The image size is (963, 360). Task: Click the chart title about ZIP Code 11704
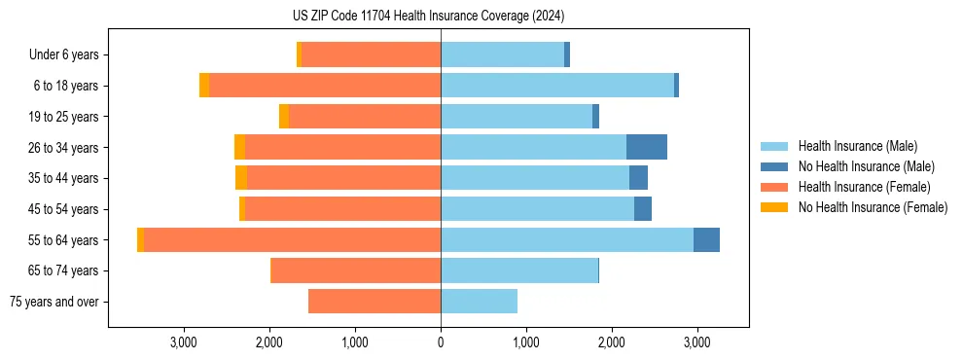tap(428, 17)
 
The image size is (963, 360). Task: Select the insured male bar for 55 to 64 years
tap(567, 240)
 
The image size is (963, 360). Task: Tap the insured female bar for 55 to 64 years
tap(292, 240)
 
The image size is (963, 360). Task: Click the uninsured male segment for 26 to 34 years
tap(647, 147)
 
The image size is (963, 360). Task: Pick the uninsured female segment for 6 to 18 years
tap(204, 86)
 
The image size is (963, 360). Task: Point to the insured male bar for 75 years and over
tap(479, 302)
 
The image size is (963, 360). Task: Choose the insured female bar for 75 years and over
tap(374, 302)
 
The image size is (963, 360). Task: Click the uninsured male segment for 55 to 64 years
tap(706, 240)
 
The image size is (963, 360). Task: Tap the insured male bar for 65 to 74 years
tap(519, 270)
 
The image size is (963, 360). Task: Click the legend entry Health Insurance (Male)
tap(857, 146)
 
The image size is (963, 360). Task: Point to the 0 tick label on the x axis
tap(441, 342)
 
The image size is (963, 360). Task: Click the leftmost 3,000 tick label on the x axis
tap(184, 342)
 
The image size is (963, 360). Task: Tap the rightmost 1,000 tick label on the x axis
tap(525, 342)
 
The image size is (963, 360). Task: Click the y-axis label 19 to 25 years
tap(64, 117)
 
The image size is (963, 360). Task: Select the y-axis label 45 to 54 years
tap(64, 209)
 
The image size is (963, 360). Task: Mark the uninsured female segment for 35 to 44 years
tap(241, 178)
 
